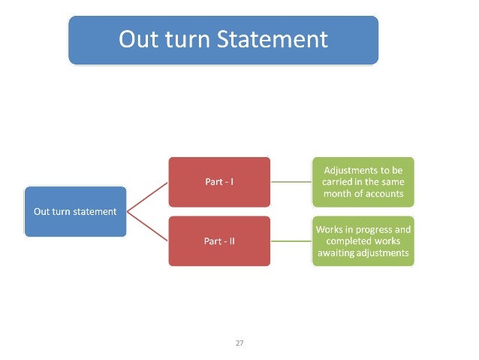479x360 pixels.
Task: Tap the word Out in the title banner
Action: pos(138,38)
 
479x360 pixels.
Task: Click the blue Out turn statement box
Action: pos(75,211)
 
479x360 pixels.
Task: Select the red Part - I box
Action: pos(218,181)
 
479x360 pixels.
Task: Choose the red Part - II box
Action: pos(218,241)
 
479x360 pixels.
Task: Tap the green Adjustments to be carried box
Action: pos(363,181)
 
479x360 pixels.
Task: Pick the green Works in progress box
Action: pos(363,241)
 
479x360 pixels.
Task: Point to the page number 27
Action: pos(239,343)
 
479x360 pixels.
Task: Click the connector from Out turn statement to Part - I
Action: pos(147,196)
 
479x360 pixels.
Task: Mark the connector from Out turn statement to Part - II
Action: pos(147,226)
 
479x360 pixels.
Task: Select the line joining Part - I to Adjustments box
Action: pos(291,181)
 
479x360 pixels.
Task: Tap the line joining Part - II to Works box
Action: pos(291,241)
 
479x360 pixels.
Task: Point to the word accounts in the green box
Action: pos(384,193)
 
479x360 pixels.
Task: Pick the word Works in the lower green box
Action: pos(329,228)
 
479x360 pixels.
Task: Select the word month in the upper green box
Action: pos(339,193)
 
